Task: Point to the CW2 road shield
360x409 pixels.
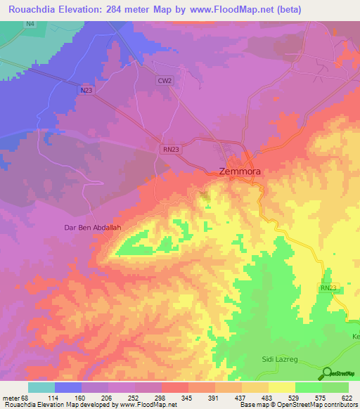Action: pyautogui.click(x=165, y=81)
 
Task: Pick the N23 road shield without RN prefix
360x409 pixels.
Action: pyautogui.click(x=86, y=90)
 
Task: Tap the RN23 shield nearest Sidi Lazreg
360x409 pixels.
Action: pyautogui.click(x=328, y=287)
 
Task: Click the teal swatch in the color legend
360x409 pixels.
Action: pyautogui.click(x=41, y=387)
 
